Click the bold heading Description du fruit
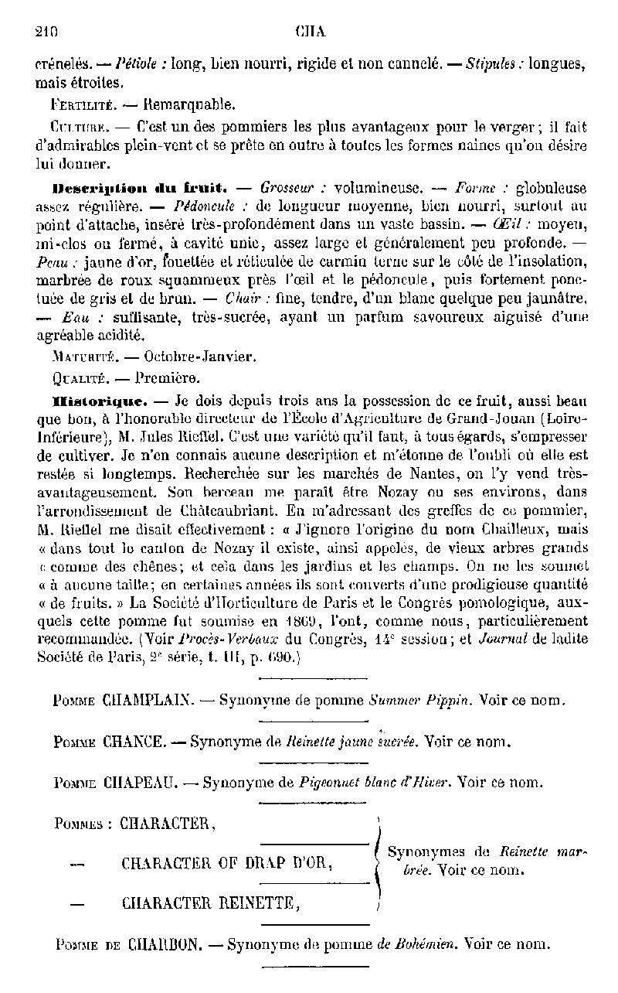[139, 188]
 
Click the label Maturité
[83, 358]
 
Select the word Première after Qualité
[167, 379]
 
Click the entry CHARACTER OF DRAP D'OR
[226, 864]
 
